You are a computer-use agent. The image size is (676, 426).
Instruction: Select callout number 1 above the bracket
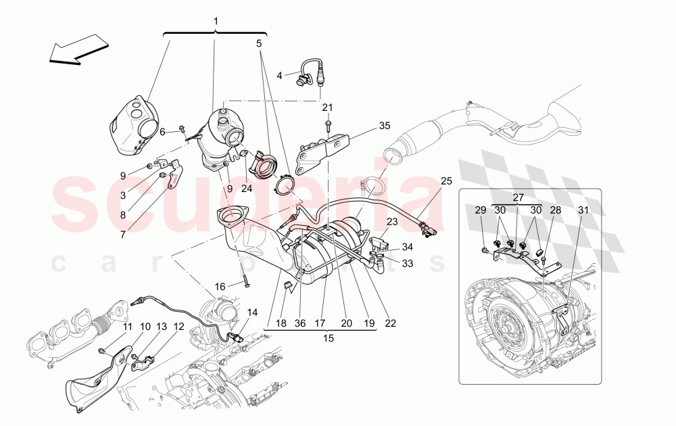point(216,21)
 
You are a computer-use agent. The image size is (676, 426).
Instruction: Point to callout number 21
point(327,108)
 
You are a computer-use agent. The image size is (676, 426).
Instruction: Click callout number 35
point(384,125)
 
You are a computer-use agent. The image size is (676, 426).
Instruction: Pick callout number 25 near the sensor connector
point(446,181)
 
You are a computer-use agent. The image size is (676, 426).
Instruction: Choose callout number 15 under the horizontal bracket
point(329,337)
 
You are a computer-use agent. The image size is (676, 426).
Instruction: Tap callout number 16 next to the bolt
point(220,287)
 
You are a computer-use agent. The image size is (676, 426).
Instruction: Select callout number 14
point(252,312)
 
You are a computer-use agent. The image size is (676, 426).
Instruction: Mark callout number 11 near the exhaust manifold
point(126,327)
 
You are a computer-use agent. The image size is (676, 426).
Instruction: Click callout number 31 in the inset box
point(583,210)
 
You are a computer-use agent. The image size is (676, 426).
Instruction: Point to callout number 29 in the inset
point(480,210)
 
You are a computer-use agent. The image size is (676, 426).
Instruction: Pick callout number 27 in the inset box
point(518,198)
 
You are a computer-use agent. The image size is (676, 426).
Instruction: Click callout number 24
point(246,189)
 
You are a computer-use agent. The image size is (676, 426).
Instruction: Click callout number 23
point(392,221)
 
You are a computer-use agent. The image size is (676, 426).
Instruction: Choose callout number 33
point(407,263)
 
